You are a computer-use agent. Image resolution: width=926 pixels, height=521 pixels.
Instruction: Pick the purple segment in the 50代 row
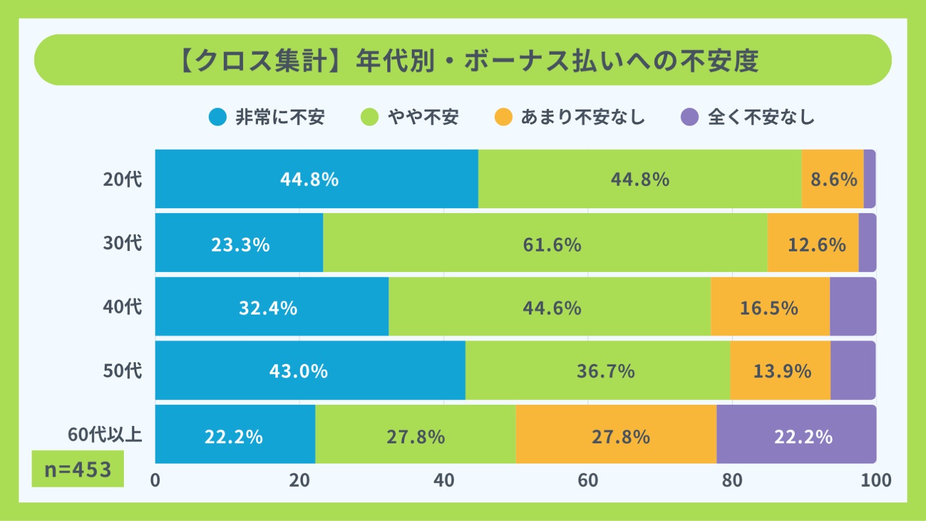coord(853,371)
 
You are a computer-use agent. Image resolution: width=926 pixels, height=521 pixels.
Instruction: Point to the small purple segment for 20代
coord(869,179)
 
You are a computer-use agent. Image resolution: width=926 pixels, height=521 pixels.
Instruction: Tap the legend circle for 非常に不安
coord(218,117)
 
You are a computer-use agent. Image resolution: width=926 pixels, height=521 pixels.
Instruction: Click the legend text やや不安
coord(423,117)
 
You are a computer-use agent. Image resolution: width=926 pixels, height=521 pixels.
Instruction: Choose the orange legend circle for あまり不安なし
coord(503,117)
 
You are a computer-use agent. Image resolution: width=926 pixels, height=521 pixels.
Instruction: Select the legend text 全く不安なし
coord(761,117)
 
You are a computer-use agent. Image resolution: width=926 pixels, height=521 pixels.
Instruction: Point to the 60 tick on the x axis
coord(588,480)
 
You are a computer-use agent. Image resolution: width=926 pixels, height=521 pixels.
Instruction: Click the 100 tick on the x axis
coord(876,480)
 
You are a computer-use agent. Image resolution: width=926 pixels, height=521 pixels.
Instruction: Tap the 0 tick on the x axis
coord(155,480)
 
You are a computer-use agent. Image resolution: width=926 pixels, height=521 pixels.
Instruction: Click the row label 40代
coord(123,307)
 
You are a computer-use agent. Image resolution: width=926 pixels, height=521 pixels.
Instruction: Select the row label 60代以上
coord(105,434)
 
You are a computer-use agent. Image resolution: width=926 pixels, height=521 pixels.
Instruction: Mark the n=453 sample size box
coord(78,469)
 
